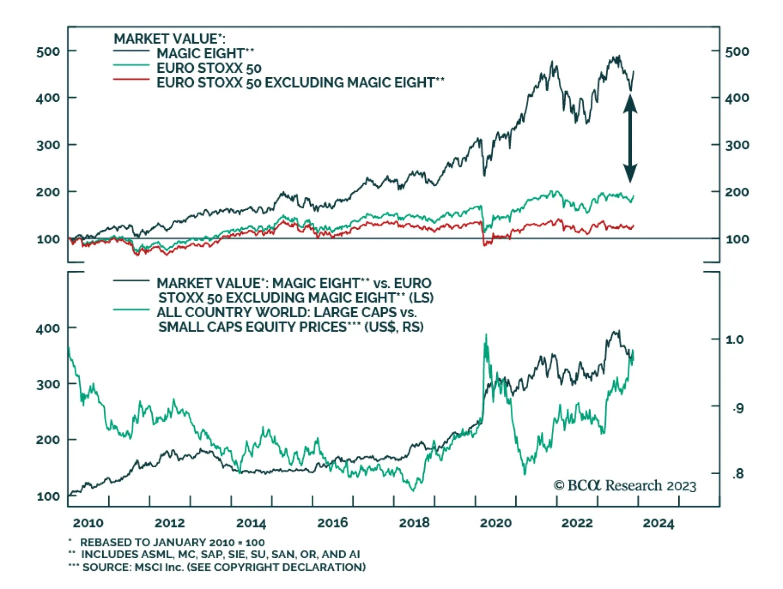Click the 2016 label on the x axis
332,523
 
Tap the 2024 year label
658,523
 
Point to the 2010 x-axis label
88,523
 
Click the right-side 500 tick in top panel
737,51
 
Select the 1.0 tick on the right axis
735,339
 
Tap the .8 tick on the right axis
737,473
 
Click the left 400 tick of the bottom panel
48,328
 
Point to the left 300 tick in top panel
48,145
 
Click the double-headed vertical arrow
630,139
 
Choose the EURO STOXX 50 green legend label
209,68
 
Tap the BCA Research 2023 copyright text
625,485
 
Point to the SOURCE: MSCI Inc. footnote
224,567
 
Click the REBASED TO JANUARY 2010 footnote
172,542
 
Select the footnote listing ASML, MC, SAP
220,554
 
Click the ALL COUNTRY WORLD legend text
286,312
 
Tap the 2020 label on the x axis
495,523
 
